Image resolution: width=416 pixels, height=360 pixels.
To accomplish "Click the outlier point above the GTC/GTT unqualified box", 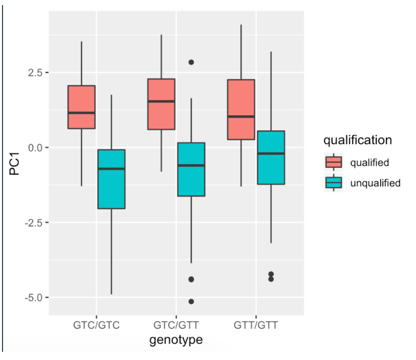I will pyautogui.click(x=191, y=62).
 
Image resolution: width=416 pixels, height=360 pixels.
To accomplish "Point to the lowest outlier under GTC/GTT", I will pyautogui.click(x=191, y=301).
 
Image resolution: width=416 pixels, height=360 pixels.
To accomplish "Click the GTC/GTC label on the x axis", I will pyautogui.click(x=96, y=325).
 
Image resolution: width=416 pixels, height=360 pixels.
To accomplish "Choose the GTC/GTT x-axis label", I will pyautogui.click(x=176, y=325).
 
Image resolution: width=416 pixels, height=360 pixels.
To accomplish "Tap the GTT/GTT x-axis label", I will pyautogui.click(x=256, y=325).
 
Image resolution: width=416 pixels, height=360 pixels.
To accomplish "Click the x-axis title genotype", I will pyautogui.click(x=176, y=340).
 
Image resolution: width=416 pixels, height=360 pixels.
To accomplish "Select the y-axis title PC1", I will pyautogui.click(x=15, y=166).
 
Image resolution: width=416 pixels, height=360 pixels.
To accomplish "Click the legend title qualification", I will pyautogui.click(x=357, y=140).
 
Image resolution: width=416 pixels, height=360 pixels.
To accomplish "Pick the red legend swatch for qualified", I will pyautogui.click(x=334, y=163).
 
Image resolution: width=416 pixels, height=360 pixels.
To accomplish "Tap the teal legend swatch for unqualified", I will pyautogui.click(x=334, y=183).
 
